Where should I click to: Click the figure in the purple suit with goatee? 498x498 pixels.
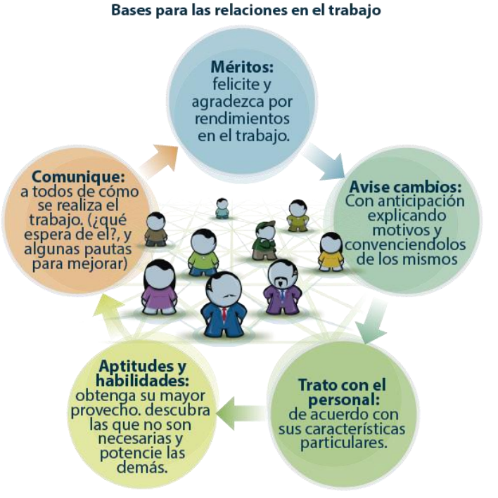coord(282,287)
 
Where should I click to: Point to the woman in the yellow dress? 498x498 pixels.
coord(330,251)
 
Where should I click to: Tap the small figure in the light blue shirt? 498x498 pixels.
coord(222,209)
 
